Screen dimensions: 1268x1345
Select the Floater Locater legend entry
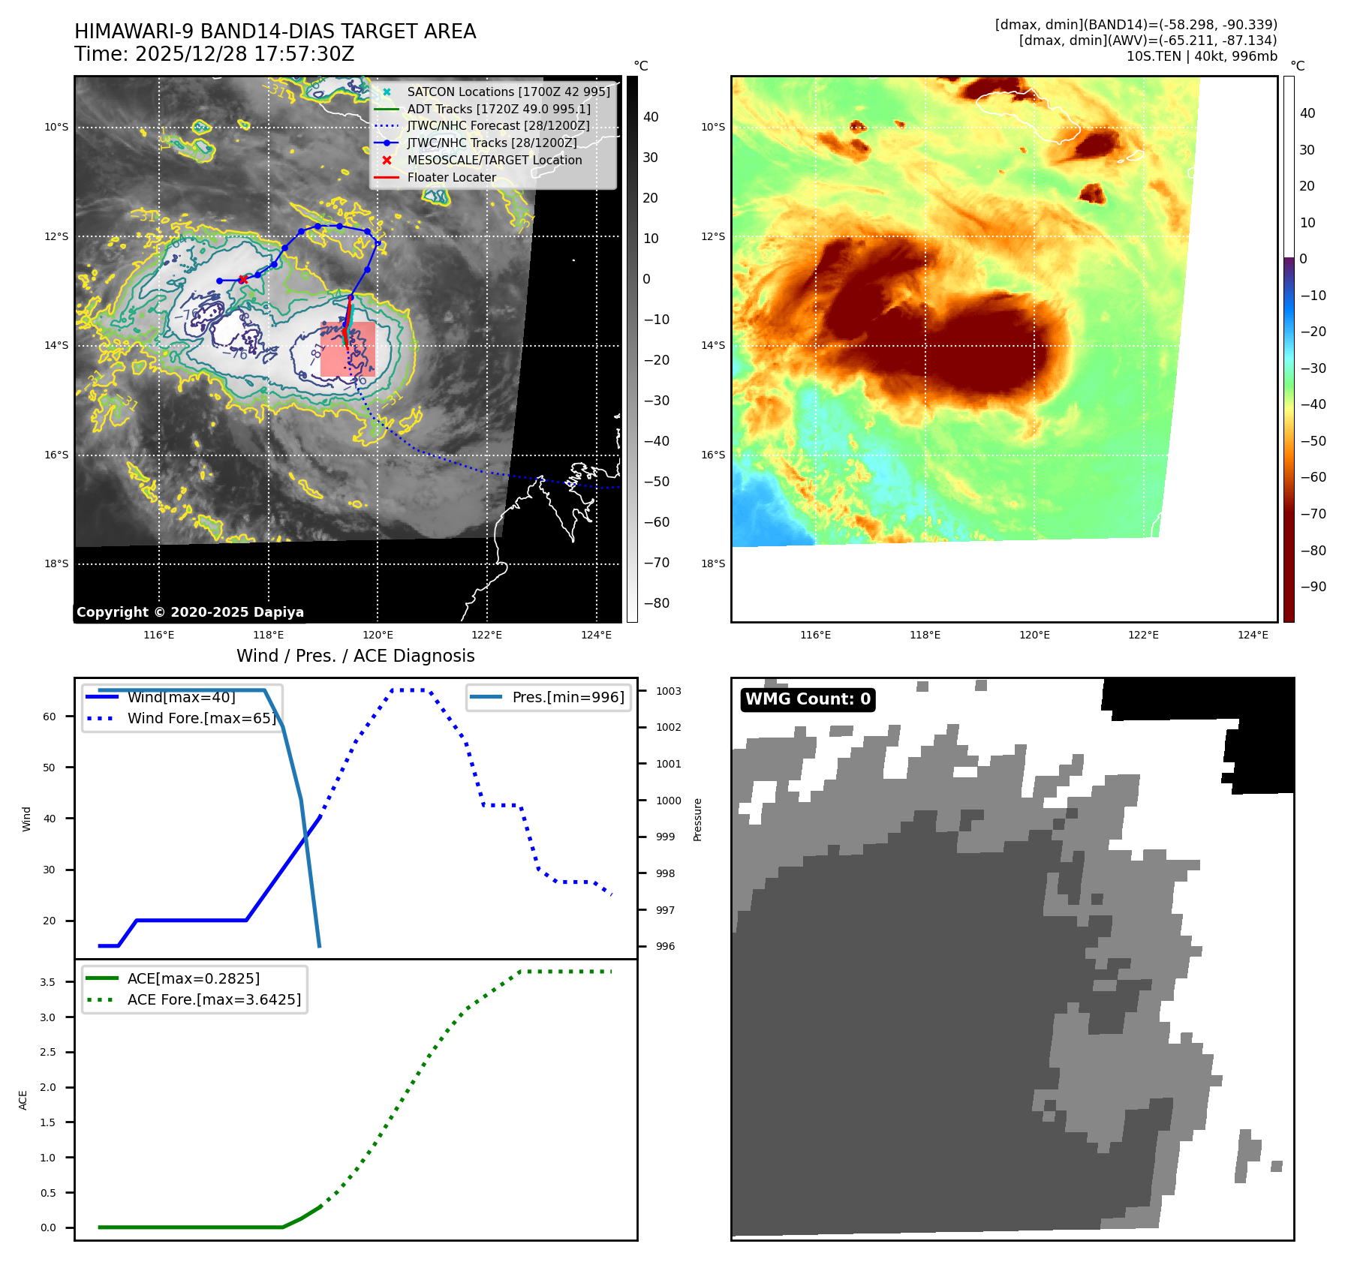coord(451,177)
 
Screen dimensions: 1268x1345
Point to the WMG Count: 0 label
coord(808,699)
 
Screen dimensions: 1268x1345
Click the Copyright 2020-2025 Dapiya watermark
coord(190,612)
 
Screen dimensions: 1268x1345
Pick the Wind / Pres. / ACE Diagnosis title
coord(355,656)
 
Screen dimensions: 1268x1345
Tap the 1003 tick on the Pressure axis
coord(668,691)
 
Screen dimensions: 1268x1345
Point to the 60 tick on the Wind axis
coord(50,717)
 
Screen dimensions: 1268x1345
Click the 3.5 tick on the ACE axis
coord(48,982)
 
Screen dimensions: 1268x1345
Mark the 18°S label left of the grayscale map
coord(56,563)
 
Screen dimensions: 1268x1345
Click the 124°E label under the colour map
coord(1253,635)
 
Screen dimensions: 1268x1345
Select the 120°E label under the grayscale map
coord(378,635)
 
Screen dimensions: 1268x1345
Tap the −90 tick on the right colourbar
coord(1313,587)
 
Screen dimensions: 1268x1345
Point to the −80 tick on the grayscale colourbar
coord(657,603)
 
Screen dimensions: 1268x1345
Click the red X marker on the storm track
coord(242,279)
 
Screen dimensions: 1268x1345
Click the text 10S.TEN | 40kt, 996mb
coord(1202,56)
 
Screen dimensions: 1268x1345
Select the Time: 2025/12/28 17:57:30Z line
coord(214,54)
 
